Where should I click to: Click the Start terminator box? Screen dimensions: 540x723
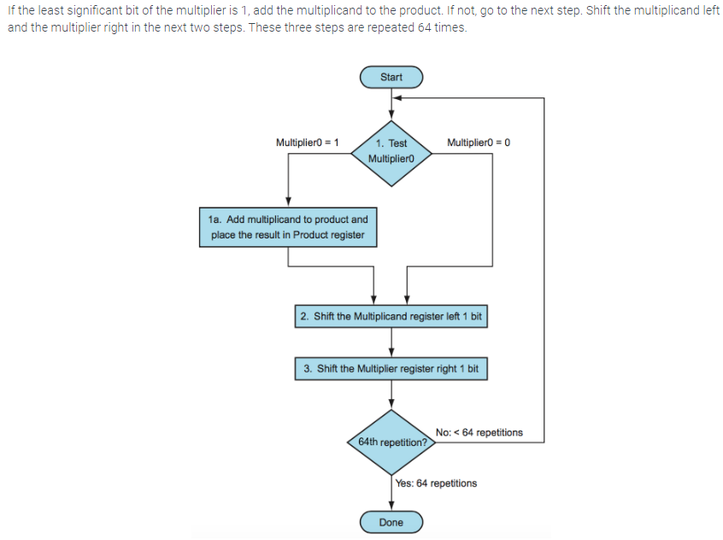click(x=391, y=77)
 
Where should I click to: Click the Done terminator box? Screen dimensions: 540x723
click(x=391, y=522)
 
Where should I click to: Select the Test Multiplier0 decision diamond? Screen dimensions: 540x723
click(x=391, y=151)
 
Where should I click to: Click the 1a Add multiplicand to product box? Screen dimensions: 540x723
click(x=288, y=227)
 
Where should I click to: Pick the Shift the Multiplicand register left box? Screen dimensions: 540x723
click(x=391, y=316)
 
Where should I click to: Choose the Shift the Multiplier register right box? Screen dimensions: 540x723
click(x=391, y=369)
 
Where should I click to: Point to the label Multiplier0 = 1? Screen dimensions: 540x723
click(x=308, y=142)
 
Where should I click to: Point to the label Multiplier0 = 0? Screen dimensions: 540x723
click(x=479, y=142)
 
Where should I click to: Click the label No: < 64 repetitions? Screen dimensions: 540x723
click(x=479, y=432)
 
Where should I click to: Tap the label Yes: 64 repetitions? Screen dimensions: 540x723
click(x=436, y=484)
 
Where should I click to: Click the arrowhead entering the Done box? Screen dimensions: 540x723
click(x=391, y=508)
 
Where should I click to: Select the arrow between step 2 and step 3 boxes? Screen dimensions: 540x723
click(x=391, y=343)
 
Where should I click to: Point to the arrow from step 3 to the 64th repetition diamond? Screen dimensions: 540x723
click(x=391, y=394)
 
